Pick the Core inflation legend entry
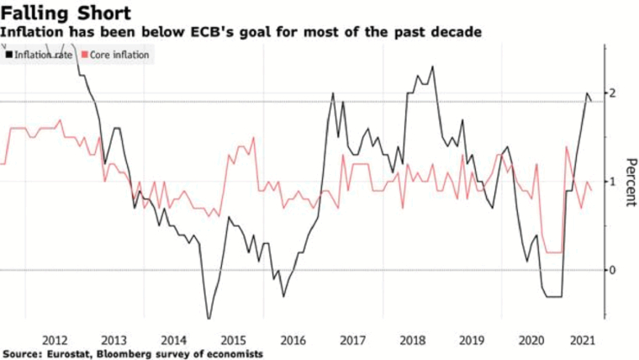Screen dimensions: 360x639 coord(121,55)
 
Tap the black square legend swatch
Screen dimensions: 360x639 coord(8,55)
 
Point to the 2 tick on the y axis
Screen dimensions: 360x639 coord(613,92)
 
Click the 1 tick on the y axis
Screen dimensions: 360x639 coord(613,181)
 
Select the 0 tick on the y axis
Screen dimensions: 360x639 coord(613,270)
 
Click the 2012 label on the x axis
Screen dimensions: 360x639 coord(55,340)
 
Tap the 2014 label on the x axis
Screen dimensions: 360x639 coord(172,340)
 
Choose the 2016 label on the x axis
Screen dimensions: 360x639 coord(291,340)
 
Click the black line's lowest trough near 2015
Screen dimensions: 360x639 coord(209,320)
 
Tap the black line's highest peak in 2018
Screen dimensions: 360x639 coord(433,66)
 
